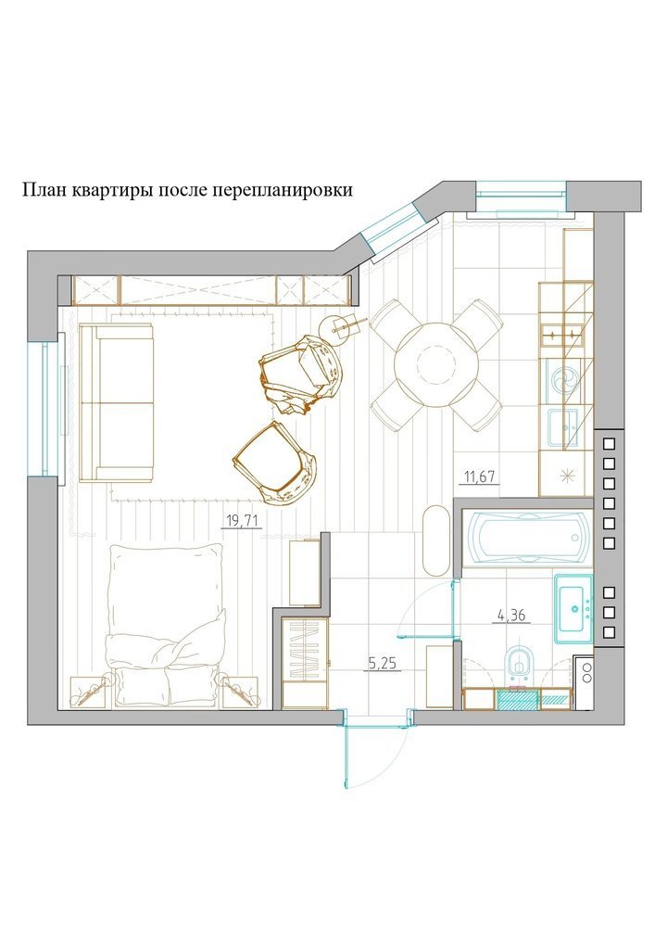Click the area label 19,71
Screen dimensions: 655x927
tap(243, 520)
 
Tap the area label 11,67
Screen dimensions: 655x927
tap(480, 476)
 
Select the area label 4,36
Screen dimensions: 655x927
tap(510, 616)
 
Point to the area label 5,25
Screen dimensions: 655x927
tap(383, 664)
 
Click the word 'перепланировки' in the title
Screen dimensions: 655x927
tap(283, 190)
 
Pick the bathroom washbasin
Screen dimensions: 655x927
tap(573, 608)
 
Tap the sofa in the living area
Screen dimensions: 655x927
tap(117, 402)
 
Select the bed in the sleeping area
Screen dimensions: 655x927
tap(167, 626)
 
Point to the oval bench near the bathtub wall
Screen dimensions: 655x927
tap(436, 540)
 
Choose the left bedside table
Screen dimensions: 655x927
tap(89, 692)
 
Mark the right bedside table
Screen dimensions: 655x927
tap(241, 692)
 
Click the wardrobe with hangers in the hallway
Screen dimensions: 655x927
tap(305, 662)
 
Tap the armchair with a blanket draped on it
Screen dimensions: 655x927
tap(300, 375)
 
